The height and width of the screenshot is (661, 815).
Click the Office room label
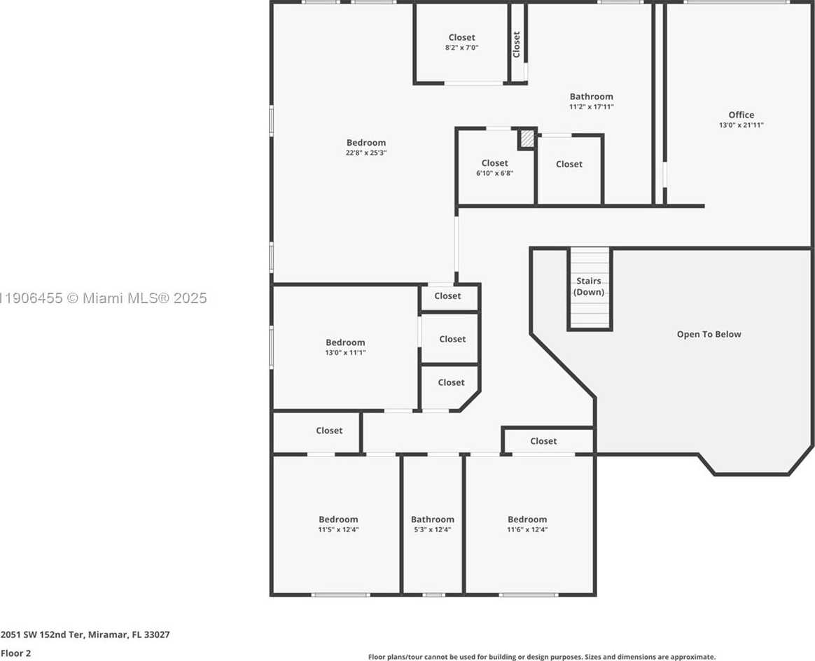(x=741, y=115)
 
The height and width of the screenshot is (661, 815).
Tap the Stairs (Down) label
(x=589, y=286)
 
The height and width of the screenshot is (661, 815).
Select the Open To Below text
(x=709, y=335)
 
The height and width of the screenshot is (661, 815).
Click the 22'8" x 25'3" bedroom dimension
(x=366, y=153)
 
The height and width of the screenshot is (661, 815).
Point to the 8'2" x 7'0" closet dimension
(x=461, y=48)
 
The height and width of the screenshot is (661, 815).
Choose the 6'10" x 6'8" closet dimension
(x=494, y=173)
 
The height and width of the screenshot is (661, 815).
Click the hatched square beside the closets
(x=527, y=139)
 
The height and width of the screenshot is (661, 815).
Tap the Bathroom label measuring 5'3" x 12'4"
(x=433, y=520)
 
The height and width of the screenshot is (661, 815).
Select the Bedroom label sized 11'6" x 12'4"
(x=527, y=520)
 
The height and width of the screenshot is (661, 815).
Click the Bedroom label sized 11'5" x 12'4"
(x=338, y=520)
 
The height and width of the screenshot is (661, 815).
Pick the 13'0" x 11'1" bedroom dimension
(x=345, y=353)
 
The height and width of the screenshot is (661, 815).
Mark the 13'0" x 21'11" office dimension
(x=741, y=125)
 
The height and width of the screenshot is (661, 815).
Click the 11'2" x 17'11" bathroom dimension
(x=592, y=107)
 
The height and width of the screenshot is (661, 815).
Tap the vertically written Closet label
(x=517, y=45)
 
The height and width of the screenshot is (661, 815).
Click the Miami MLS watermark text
(x=104, y=298)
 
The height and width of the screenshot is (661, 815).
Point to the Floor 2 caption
(x=16, y=653)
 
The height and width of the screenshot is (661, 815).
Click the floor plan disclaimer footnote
(x=541, y=657)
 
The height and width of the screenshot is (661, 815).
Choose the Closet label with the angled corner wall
(x=451, y=383)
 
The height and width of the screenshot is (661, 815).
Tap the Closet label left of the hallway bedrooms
(x=329, y=431)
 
